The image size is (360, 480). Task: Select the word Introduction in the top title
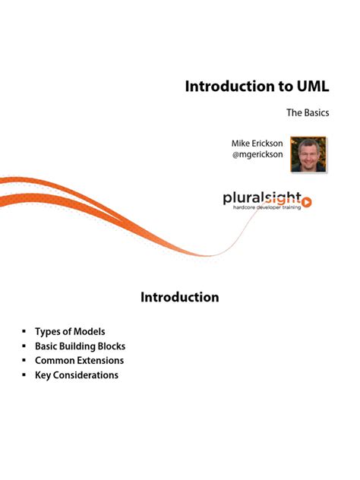pyautogui.click(x=231, y=86)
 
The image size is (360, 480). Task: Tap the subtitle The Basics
pyautogui.click(x=307, y=113)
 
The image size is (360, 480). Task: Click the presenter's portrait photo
pyautogui.click(x=308, y=154)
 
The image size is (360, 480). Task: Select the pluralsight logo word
pyautogui.click(x=263, y=198)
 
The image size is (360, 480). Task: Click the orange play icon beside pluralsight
pyautogui.click(x=307, y=201)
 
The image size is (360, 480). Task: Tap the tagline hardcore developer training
pyautogui.click(x=266, y=207)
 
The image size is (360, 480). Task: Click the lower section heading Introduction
pyautogui.click(x=180, y=297)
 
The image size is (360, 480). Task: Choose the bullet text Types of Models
pyautogui.click(x=70, y=332)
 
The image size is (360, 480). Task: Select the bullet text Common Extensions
pyautogui.click(x=79, y=361)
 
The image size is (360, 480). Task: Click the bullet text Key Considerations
pyautogui.click(x=77, y=375)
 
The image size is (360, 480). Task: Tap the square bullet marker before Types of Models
pyautogui.click(x=24, y=332)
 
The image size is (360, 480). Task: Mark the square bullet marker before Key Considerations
pyautogui.click(x=24, y=375)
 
